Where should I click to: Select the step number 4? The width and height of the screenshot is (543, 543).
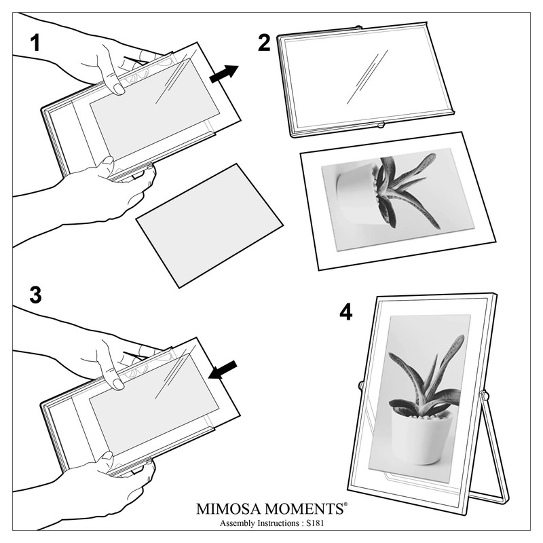tap(346, 312)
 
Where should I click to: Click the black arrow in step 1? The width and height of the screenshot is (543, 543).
tap(224, 74)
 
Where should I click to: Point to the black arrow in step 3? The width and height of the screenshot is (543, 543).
tap(223, 370)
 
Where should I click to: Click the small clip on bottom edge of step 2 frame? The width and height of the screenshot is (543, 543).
tap(381, 126)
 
